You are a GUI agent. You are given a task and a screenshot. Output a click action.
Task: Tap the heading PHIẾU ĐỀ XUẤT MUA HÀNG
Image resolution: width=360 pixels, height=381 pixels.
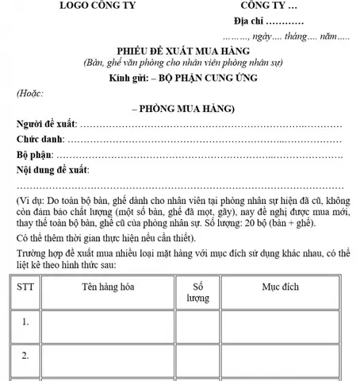179,49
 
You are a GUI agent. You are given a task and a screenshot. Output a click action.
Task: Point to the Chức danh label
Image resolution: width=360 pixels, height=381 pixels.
42,140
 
